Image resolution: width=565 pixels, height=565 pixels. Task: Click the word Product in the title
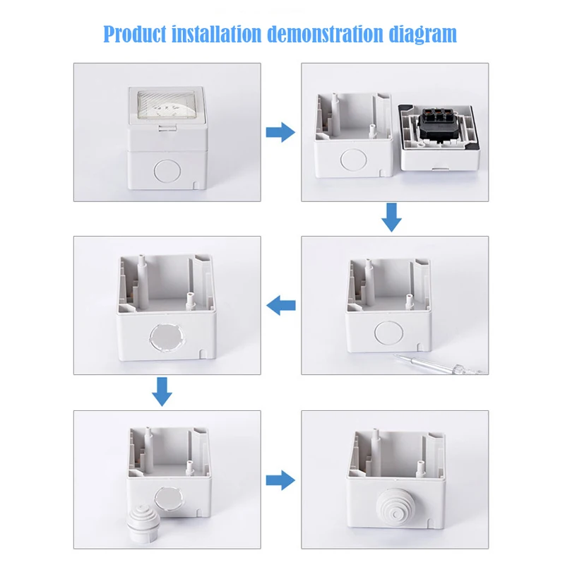coord(135,34)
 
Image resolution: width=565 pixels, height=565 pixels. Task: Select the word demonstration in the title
coord(325,33)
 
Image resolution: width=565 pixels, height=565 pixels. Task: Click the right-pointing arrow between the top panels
coord(280,132)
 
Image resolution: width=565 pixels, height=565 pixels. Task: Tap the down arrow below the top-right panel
coord(391,218)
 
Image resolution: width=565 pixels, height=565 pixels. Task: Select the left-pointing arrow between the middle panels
coord(280,306)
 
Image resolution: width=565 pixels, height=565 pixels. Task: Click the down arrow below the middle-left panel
coord(162,392)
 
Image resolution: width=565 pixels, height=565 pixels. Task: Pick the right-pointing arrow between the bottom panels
coord(280,480)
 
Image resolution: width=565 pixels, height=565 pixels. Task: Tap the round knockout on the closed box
coord(167,171)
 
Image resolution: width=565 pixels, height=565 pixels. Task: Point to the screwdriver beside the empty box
coord(439,364)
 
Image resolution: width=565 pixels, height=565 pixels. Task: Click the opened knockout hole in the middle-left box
coord(167,338)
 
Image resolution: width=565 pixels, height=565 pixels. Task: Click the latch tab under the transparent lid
coord(167,128)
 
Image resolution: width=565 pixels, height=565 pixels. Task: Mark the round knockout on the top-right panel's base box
coord(354,160)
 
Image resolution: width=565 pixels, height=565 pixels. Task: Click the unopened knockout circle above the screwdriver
coord(389,331)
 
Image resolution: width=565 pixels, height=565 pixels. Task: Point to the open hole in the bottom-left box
coord(169,501)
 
